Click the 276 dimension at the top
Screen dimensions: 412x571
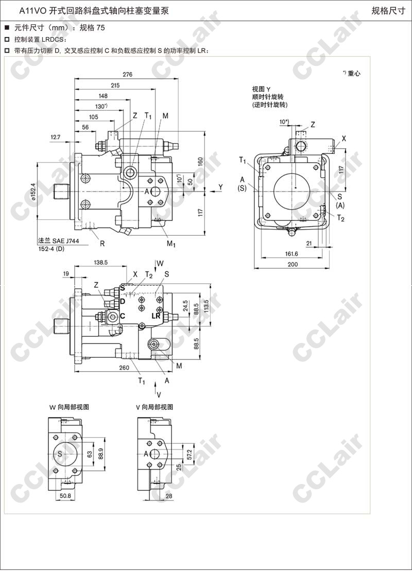tap(128, 75)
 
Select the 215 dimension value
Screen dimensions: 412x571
tap(115, 85)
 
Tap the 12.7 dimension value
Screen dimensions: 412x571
tap(56, 137)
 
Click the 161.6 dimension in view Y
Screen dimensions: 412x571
tap(291, 254)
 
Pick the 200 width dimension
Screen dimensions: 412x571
tap(293, 264)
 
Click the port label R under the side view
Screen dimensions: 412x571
tap(102, 244)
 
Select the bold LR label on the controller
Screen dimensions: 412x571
tap(156, 316)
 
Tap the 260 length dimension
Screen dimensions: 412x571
tap(124, 368)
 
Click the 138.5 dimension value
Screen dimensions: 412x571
tap(100, 262)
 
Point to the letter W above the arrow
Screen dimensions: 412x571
tap(160, 263)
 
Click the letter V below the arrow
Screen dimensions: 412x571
tap(159, 395)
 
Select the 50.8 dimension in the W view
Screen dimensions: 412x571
tap(65, 496)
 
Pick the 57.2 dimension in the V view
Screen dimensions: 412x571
tap(190, 454)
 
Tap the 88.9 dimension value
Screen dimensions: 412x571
tap(101, 454)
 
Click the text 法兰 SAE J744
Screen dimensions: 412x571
tap(58, 241)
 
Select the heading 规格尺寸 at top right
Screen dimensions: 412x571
tap(388, 11)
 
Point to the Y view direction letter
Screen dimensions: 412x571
tap(220, 187)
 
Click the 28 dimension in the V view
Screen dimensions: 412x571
tap(168, 496)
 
